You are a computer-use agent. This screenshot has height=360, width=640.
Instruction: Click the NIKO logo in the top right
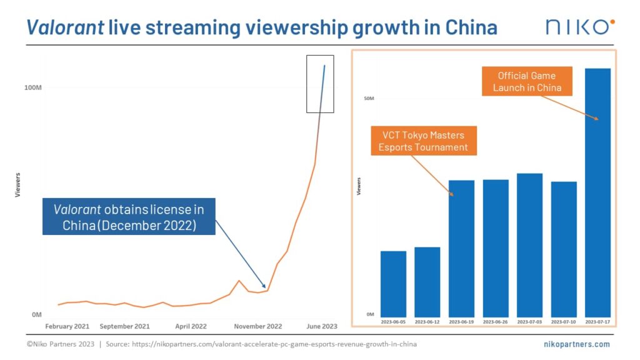click(579, 26)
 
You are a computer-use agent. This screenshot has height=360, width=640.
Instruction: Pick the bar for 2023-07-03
click(529, 244)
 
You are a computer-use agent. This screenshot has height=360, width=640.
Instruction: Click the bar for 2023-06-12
click(427, 281)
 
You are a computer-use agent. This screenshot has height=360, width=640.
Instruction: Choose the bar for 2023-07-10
click(564, 249)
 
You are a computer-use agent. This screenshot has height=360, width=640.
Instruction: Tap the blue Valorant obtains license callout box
click(129, 217)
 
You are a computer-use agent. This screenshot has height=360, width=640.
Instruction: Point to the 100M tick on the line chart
click(32, 87)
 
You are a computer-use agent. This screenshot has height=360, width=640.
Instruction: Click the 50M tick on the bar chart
click(369, 99)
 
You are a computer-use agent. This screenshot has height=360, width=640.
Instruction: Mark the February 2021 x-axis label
click(67, 326)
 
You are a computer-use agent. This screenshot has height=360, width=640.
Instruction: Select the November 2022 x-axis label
click(257, 326)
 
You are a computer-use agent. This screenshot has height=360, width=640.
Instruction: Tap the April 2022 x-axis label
click(191, 326)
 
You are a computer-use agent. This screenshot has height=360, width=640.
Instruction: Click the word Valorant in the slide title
click(65, 27)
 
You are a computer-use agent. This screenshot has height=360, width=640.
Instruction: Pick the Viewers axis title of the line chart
click(17, 185)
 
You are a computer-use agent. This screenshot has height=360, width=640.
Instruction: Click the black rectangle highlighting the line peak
click(319, 84)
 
